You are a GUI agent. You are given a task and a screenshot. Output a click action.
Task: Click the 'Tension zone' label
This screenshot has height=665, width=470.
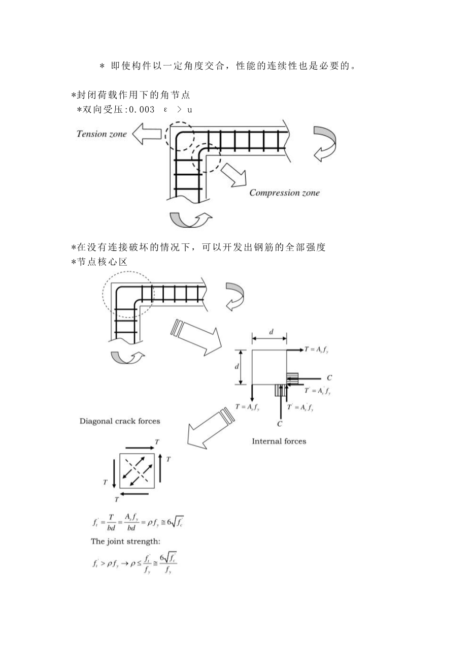click(x=102, y=134)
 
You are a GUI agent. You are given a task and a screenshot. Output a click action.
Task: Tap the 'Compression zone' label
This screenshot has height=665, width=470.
click(x=284, y=193)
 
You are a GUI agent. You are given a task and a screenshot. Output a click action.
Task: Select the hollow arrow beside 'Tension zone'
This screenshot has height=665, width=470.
click(x=145, y=135)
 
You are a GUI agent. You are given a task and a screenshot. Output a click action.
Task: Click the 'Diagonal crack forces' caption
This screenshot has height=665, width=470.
click(x=120, y=421)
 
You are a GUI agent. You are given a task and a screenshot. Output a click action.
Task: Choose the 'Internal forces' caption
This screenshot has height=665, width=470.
click(x=279, y=441)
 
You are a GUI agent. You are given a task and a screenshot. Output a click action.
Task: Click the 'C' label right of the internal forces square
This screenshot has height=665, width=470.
click(x=329, y=378)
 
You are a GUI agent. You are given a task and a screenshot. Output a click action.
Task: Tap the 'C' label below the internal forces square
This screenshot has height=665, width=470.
click(x=280, y=423)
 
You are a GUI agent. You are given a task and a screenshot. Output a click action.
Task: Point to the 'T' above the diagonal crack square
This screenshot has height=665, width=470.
click(x=157, y=441)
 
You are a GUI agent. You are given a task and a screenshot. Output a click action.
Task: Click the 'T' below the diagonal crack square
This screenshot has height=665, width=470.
click(x=116, y=499)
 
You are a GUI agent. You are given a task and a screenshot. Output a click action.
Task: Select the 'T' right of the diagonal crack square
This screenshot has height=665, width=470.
click(x=169, y=459)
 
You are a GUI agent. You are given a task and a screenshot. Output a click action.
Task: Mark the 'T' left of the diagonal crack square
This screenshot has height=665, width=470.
click(x=106, y=482)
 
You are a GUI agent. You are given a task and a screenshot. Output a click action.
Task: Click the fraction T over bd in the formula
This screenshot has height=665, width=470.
click(x=112, y=523)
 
